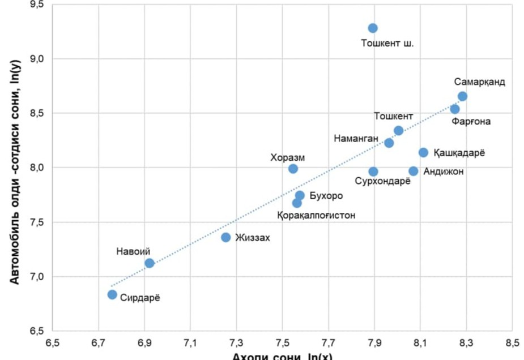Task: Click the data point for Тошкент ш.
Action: pyautogui.click(x=373, y=28)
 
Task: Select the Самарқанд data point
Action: pyautogui.click(x=462, y=96)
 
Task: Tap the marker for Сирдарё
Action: pyautogui.click(x=112, y=294)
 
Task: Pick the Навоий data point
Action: pyautogui.click(x=150, y=263)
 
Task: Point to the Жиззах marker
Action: pyautogui.click(x=226, y=237)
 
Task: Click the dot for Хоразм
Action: pyautogui.click(x=293, y=169)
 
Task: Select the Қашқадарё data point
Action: pyautogui.click(x=423, y=152)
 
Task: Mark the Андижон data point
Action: pyautogui.click(x=414, y=171)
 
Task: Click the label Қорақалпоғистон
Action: pyautogui.click(x=316, y=216)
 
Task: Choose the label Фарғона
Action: pyautogui.click(x=471, y=121)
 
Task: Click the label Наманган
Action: pyautogui.click(x=356, y=138)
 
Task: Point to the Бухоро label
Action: pyautogui.click(x=326, y=196)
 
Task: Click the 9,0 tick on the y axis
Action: pyautogui.click(x=44, y=59)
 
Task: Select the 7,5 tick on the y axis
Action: pyautogui.click(x=44, y=222)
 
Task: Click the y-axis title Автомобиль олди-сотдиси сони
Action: pyautogui.click(x=17, y=170)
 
